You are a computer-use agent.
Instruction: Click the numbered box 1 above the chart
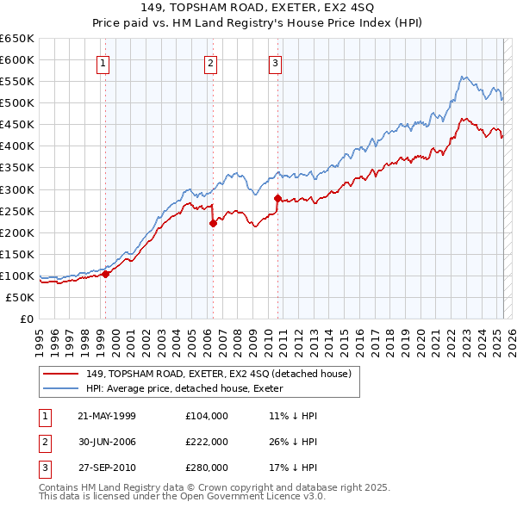tap(103, 62)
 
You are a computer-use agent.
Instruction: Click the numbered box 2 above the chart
tap(210, 62)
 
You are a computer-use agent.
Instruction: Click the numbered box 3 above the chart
tap(275, 62)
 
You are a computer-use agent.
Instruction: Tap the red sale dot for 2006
tap(213, 223)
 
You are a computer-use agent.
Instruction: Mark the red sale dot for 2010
tap(277, 198)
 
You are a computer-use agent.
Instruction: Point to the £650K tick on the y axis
tap(17, 39)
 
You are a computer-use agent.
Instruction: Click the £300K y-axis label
tap(17, 189)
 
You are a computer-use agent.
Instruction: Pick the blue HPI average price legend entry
tap(190, 389)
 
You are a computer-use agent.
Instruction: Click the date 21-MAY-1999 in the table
tap(107, 416)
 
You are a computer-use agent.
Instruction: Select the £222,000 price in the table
tap(207, 442)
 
